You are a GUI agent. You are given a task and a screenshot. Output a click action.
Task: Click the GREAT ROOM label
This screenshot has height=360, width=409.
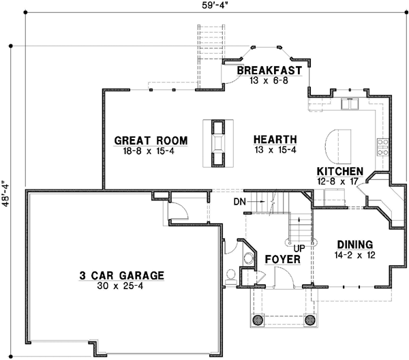pyautogui.click(x=150, y=141)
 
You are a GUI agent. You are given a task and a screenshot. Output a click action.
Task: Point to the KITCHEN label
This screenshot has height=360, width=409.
pyautogui.click(x=339, y=171)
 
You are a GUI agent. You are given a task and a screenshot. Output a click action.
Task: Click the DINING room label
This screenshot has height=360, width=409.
pyautogui.click(x=354, y=244)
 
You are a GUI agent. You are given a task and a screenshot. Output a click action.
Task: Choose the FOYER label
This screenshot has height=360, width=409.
pyautogui.click(x=279, y=259)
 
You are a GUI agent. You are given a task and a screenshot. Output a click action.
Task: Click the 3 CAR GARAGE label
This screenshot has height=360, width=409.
pyautogui.click(x=121, y=275)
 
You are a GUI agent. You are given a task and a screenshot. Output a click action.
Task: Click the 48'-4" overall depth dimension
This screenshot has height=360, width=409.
pyautogui.click(x=7, y=192)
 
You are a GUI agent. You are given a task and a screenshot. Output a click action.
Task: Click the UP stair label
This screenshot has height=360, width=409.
pyautogui.click(x=299, y=248)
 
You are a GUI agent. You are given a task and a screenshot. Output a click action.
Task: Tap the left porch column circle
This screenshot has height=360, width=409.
pyautogui.click(x=258, y=320)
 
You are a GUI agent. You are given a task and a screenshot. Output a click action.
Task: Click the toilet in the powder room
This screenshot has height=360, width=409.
pyautogui.click(x=231, y=275)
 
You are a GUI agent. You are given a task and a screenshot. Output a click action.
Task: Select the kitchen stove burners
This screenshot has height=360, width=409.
pyautogui.click(x=383, y=145)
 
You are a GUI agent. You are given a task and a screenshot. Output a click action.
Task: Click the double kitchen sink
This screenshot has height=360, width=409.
pyautogui.click(x=350, y=104)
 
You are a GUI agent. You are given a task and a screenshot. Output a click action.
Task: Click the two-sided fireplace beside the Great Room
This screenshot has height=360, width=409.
pyautogui.click(x=217, y=142)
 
